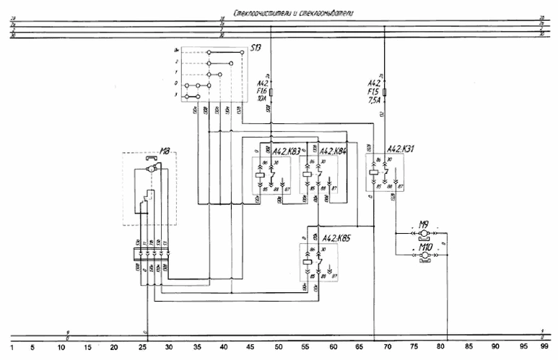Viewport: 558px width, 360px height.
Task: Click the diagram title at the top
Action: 292,13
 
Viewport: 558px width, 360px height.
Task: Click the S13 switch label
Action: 256,49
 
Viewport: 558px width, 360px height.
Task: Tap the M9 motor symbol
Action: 424,234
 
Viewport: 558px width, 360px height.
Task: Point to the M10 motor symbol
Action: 424,256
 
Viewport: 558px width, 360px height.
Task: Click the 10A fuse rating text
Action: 263,100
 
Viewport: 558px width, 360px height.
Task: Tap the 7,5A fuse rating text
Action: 374,100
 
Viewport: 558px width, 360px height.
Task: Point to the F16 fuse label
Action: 263,92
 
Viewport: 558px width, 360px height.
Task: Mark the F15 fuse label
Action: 374,92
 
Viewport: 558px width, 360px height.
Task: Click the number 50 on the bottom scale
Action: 278,348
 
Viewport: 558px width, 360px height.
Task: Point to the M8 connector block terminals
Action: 150,253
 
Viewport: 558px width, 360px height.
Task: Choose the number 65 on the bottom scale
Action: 359,348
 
